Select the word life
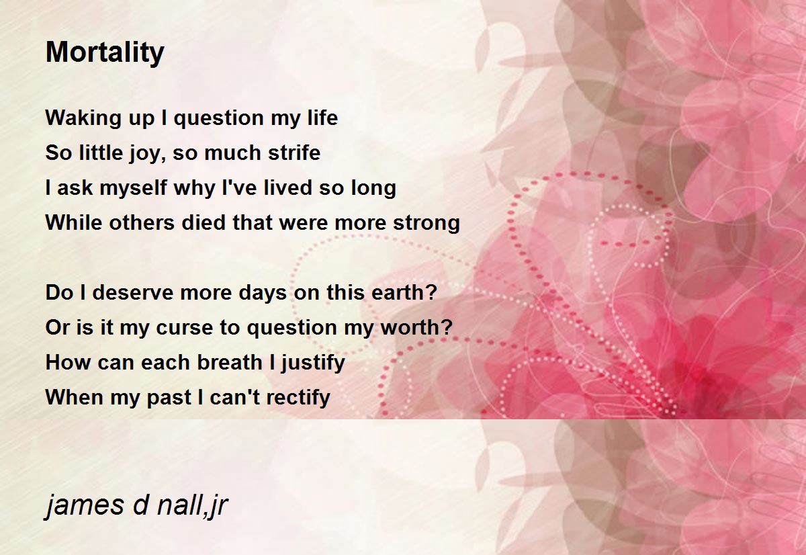(x=322, y=118)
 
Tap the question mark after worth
(x=446, y=327)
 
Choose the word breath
(x=230, y=361)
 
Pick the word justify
(x=313, y=363)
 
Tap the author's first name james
(x=85, y=505)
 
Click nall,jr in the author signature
(x=192, y=505)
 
